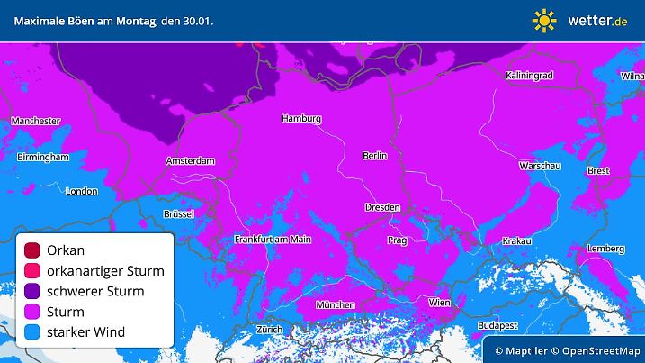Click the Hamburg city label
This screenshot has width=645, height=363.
(301, 119)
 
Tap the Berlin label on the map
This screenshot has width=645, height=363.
(374, 156)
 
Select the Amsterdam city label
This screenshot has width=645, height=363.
(191, 161)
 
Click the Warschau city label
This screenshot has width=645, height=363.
(541, 167)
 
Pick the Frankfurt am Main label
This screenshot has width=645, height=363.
(273, 240)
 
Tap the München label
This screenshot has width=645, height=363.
(335, 304)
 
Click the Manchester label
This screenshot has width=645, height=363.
(36, 121)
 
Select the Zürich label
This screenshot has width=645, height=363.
(269, 330)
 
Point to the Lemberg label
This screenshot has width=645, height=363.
(605, 249)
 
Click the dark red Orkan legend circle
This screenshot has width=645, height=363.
(32, 250)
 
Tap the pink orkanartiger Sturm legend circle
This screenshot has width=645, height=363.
(32, 271)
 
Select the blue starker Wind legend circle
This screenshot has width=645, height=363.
(32, 332)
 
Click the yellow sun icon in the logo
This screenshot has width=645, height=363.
(544, 20)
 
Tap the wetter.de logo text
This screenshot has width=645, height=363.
(597, 20)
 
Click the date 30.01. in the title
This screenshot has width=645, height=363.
(197, 20)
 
